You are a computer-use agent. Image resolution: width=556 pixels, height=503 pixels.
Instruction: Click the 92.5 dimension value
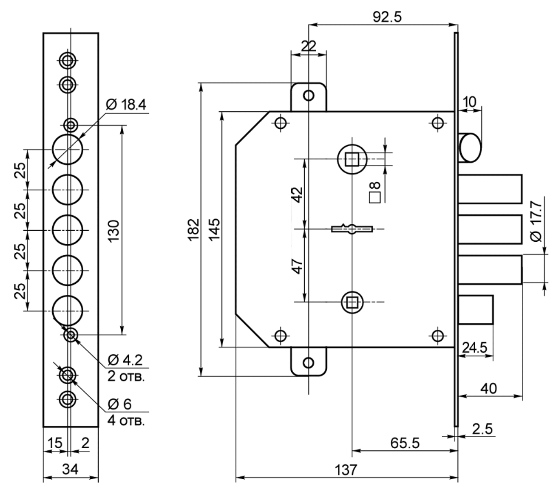[387, 17]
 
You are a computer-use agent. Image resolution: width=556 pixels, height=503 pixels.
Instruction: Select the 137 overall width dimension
[346, 470]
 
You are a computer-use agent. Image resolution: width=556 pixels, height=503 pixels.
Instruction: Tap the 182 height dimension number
[193, 230]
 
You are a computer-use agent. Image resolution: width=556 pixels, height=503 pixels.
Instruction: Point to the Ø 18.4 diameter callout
[126, 105]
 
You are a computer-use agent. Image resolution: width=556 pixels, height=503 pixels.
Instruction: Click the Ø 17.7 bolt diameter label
[536, 221]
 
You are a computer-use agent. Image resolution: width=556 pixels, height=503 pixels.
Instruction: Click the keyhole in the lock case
[352, 229]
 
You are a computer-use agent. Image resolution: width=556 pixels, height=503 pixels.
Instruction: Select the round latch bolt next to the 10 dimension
[470, 148]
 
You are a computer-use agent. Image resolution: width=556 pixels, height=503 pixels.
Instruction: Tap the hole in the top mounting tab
[309, 96]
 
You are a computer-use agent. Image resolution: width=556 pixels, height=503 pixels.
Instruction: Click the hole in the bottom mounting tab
[309, 363]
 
